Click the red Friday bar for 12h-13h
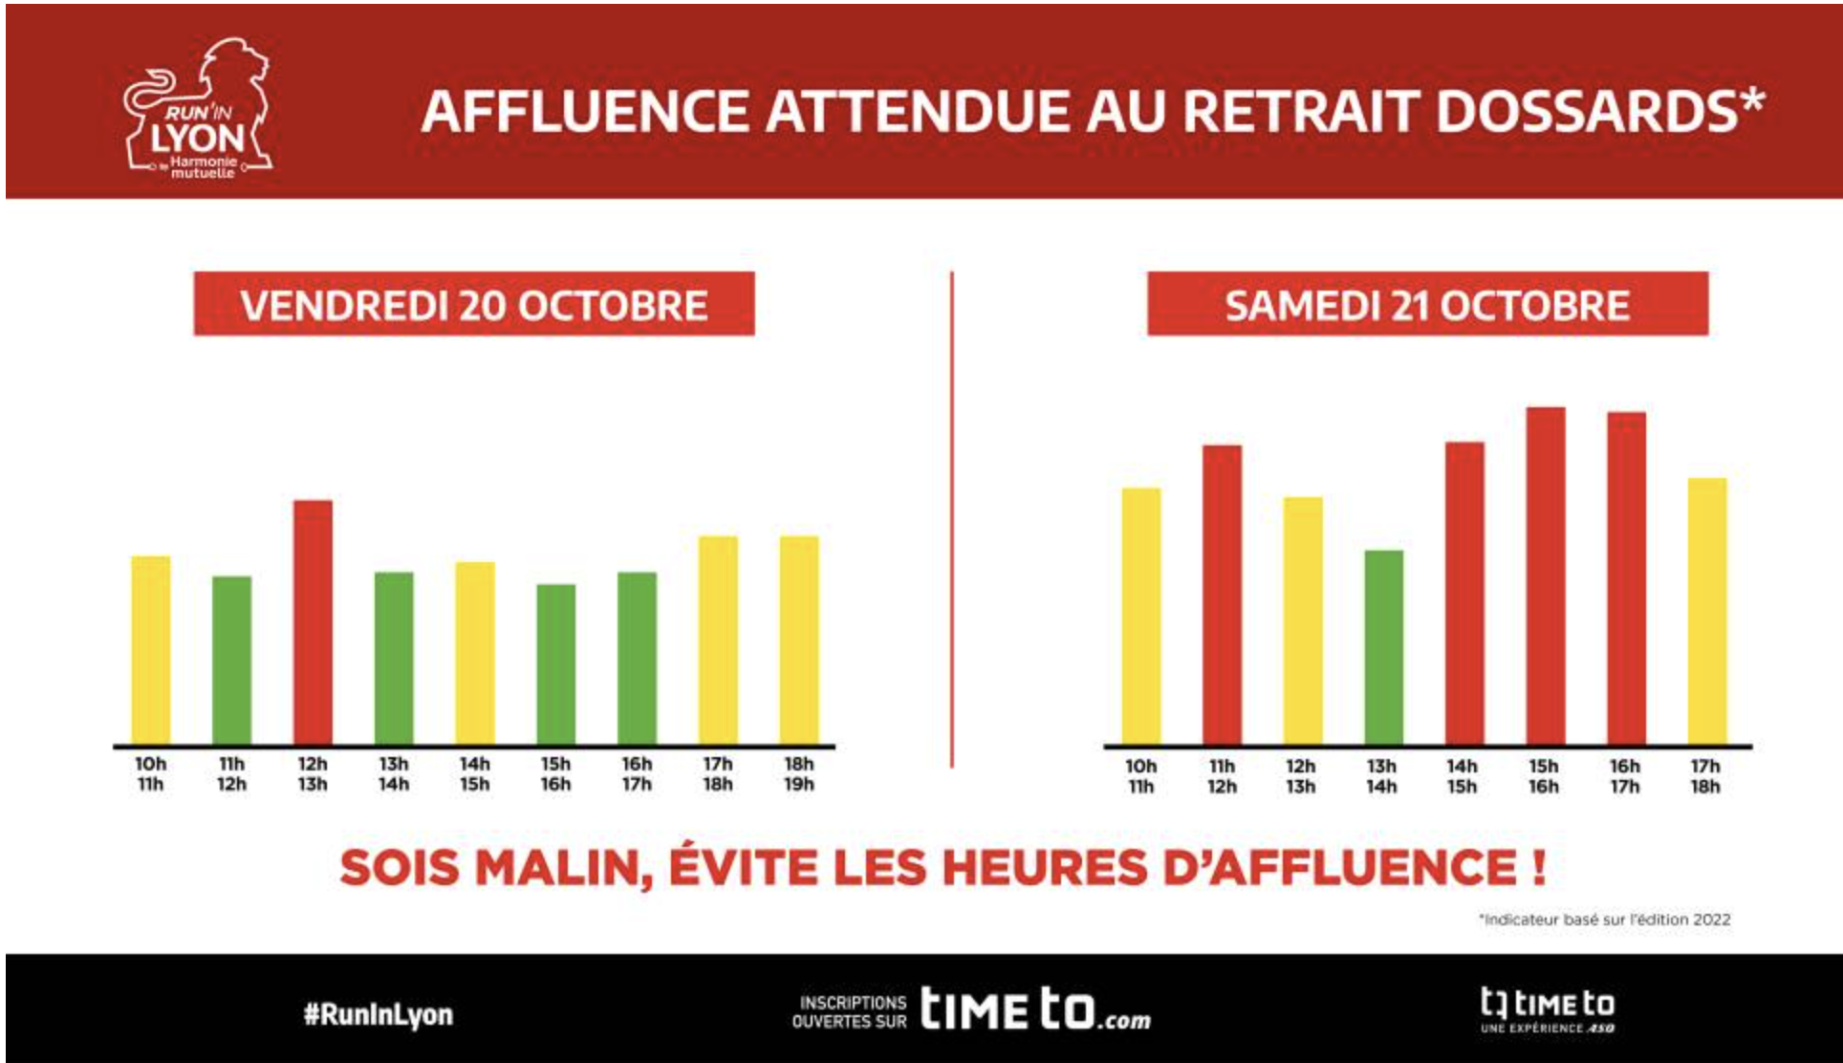pos(313,621)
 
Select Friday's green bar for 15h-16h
pos(555,663)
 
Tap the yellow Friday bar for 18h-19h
pos(799,640)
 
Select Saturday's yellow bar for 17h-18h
pos(1706,611)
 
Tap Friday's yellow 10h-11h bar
pos(151,649)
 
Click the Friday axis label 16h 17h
pos(637,774)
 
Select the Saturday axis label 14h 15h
pos(1462,776)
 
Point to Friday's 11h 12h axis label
pos(231,774)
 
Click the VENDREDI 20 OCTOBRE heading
pos(474,305)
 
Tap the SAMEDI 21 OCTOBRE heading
pos(1427,305)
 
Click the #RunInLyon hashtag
pos(379,1014)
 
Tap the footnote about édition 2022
pos(1605,920)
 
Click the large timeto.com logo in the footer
pos(1035,1009)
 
